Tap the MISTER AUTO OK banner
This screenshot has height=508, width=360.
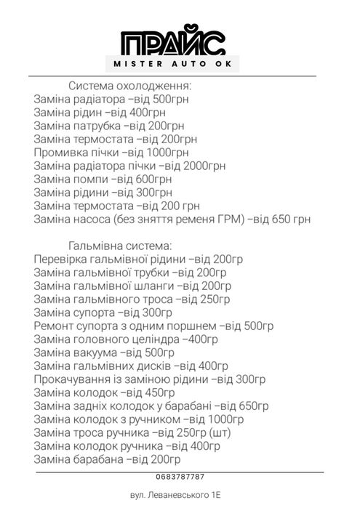(x=179, y=65)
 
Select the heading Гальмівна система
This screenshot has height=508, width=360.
(x=121, y=244)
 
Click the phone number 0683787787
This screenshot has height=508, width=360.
(x=180, y=476)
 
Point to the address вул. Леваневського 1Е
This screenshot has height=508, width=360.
(x=180, y=495)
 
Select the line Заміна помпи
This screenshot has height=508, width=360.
(x=103, y=179)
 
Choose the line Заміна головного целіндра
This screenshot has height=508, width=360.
(x=126, y=339)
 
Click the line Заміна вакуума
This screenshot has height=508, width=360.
(x=104, y=352)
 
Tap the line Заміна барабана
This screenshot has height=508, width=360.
(x=107, y=459)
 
